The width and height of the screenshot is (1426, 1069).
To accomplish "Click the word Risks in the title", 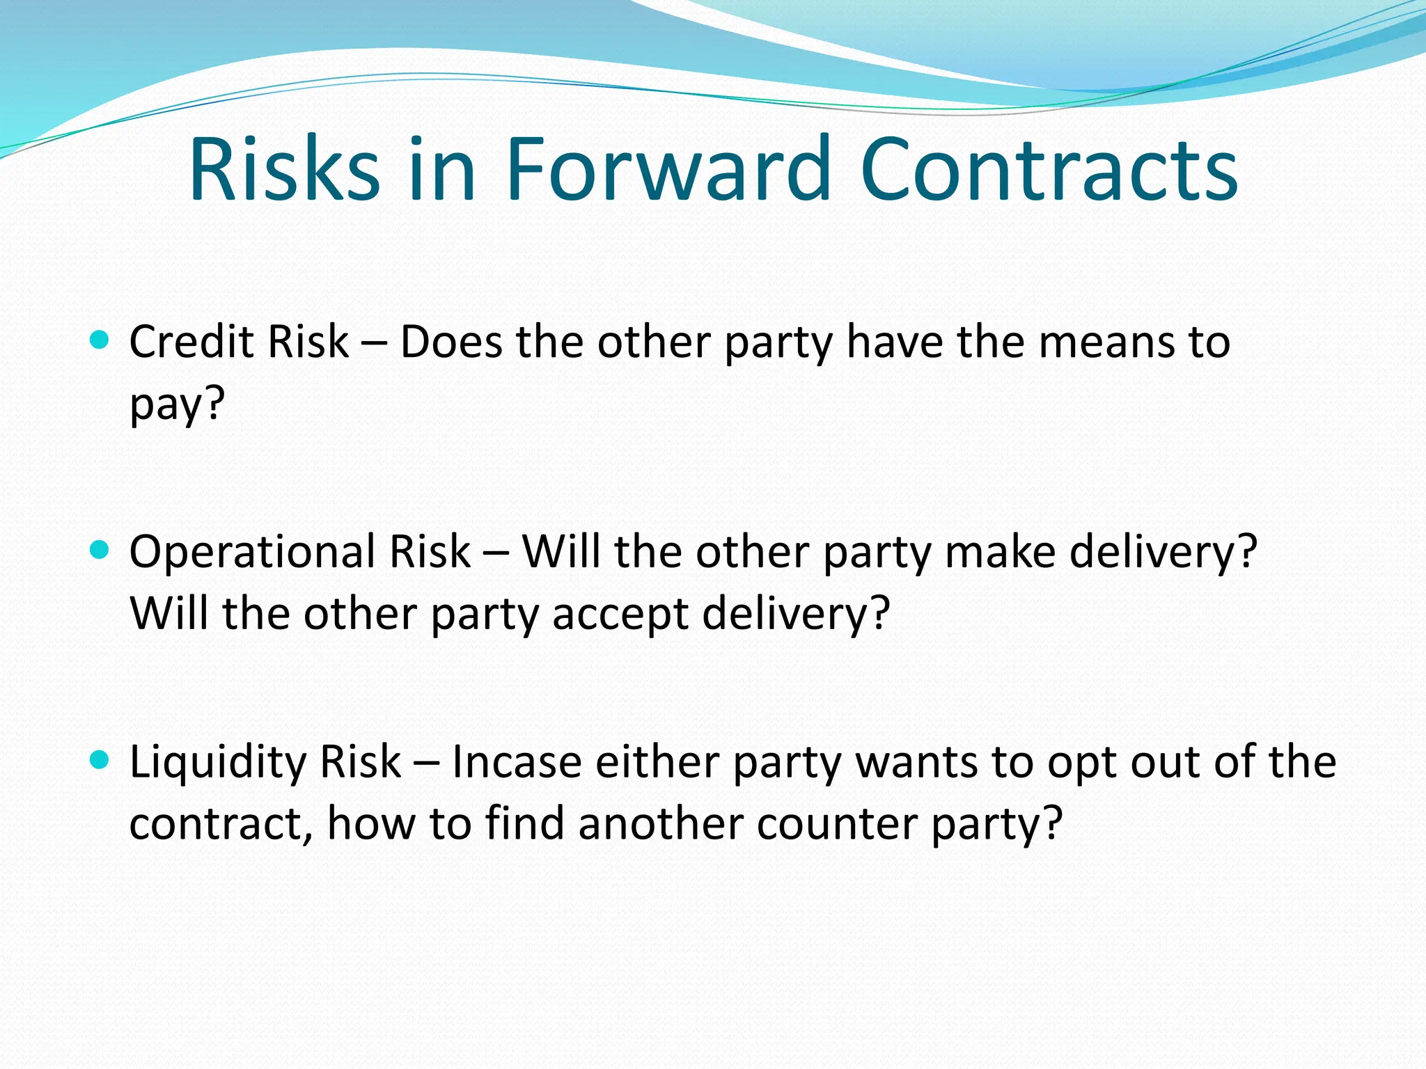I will point(284,170).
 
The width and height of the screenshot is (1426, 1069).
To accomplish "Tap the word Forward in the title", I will point(668,170).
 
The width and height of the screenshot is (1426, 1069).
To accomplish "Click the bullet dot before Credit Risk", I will point(100,340).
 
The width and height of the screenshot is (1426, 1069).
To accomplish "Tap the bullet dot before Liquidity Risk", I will point(100,760).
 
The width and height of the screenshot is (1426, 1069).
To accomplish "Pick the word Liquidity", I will point(218,763).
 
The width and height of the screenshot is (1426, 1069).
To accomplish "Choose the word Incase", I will point(517,761).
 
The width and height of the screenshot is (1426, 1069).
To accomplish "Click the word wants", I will point(917,763).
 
